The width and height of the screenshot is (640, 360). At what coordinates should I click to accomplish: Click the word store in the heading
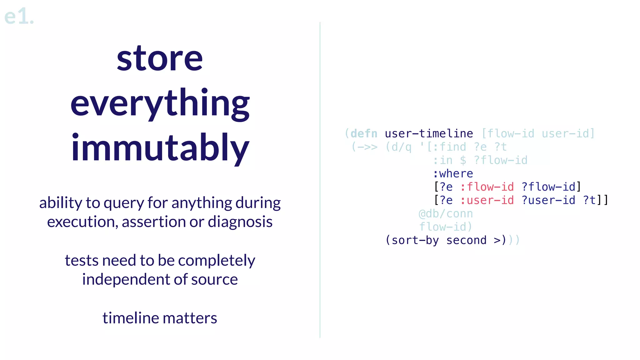coord(160,58)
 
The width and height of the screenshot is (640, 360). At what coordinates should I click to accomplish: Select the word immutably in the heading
coord(160,148)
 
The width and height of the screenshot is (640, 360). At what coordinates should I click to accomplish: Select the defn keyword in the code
coord(364,134)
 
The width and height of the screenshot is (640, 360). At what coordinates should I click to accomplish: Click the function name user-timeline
coord(429,134)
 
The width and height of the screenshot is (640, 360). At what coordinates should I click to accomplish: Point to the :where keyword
coord(453,174)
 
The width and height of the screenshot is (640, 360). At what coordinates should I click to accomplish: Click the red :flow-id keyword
coord(487,187)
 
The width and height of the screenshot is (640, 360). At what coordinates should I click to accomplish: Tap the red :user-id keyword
coord(487,200)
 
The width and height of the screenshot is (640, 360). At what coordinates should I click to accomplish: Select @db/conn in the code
coord(446,214)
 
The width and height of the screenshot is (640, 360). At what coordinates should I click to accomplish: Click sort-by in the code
coord(415,240)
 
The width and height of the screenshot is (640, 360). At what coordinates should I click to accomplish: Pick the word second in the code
coord(466,240)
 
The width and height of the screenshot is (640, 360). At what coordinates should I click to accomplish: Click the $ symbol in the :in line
coord(463,161)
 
